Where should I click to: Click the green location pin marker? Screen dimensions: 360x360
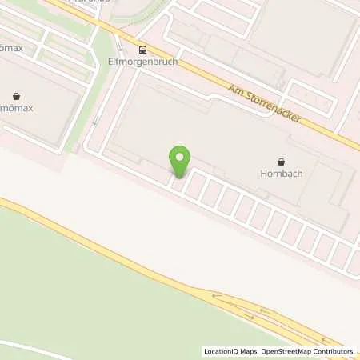click(x=180, y=159)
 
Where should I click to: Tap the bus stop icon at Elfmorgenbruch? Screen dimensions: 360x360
click(x=142, y=47)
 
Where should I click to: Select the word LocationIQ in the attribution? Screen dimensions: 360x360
click(x=220, y=351)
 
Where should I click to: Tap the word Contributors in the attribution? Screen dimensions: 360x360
click(x=334, y=351)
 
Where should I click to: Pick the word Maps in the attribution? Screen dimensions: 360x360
click(x=246, y=351)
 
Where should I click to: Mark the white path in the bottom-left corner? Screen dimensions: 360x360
click(x=32, y=345)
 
